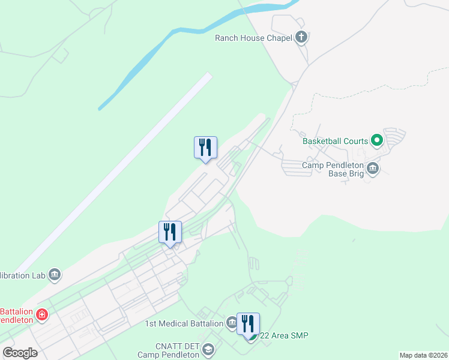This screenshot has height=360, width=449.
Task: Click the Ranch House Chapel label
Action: tap(253, 38)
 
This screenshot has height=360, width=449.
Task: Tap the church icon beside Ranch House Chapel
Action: tap(301, 38)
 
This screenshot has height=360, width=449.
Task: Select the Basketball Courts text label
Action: tap(335, 141)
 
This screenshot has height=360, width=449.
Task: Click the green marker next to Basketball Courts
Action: tap(377, 141)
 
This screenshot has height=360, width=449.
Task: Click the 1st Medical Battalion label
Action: tap(184, 324)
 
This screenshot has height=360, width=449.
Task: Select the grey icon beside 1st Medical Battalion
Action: tap(232, 324)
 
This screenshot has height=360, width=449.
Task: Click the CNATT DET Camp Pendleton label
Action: tap(168, 349)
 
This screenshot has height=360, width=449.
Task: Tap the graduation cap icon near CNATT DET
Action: tap(208, 349)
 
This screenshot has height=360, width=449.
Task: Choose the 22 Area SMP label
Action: tap(284, 335)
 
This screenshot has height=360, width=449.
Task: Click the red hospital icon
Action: tap(42, 314)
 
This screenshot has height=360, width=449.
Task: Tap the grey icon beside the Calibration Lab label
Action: tap(55, 275)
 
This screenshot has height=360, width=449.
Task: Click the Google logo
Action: tap(20, 353)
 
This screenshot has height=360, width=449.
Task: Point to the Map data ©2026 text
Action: tap(423, 355)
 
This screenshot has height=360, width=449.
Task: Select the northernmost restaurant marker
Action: tap(205, 148)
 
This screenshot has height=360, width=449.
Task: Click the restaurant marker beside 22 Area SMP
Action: tap(248, 325)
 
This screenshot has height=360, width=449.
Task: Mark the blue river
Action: tap(180, 36)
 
